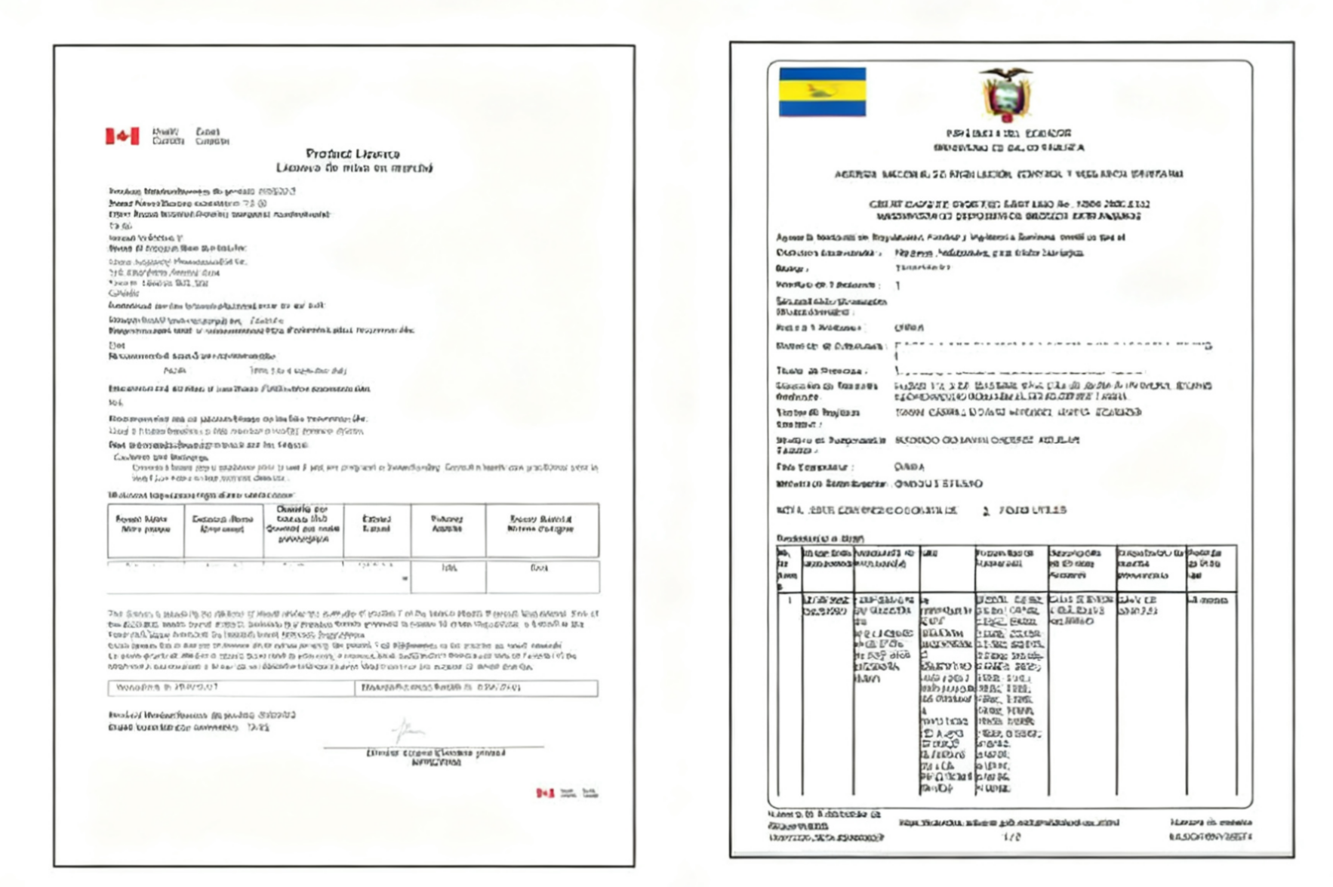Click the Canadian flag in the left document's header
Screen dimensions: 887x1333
point(122,136)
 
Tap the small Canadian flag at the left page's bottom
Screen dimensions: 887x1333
point(545,793)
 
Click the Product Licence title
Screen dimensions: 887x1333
point(352,153)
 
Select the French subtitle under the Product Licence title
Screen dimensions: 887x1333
point(354,168)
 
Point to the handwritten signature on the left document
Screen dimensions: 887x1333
point(408,730)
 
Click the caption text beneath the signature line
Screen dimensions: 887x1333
point(436,757)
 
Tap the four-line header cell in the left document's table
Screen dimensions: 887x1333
point(302,525)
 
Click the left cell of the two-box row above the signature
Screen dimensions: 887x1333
point(231,688)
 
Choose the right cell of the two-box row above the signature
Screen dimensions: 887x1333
point(476,688)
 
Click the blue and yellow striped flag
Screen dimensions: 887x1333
point(822,92)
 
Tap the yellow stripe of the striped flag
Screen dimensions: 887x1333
point(822,91)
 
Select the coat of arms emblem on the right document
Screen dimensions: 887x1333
point(1005,96)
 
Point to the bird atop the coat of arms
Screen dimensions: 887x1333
point(1005,73)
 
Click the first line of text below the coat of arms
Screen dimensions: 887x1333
point(1008,133)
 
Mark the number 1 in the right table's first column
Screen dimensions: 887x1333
point(790,601)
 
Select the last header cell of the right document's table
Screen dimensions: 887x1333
point(1211,565)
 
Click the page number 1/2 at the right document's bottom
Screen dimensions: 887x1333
point(1011,837)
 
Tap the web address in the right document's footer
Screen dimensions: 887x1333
point(1008,823)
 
